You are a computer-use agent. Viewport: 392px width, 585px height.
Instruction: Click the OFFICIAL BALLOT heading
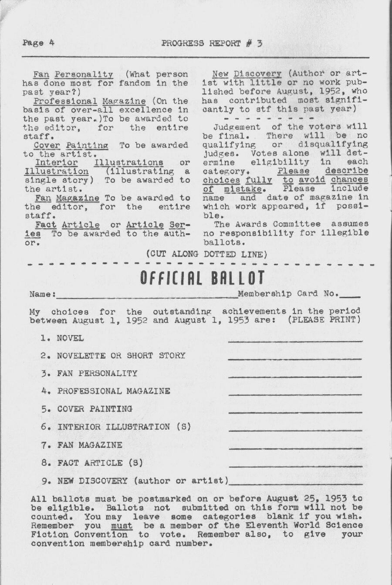click(x=202, y=277)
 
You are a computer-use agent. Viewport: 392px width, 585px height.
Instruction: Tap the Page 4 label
click(x=39, y=43)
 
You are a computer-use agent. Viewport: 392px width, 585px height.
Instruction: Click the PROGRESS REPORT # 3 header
click(x=212, y=43)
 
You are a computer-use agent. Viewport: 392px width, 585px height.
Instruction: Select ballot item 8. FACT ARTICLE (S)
click(x=92, y=463)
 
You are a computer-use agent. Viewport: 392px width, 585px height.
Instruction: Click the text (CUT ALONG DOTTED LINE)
click(x=206, y=254)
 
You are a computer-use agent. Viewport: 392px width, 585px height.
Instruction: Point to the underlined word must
click(x=122, y=525)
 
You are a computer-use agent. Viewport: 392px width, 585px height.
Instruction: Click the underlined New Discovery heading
click(x=247, y=74)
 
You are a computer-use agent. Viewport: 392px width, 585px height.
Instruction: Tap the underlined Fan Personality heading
click(x=73, y=74)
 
